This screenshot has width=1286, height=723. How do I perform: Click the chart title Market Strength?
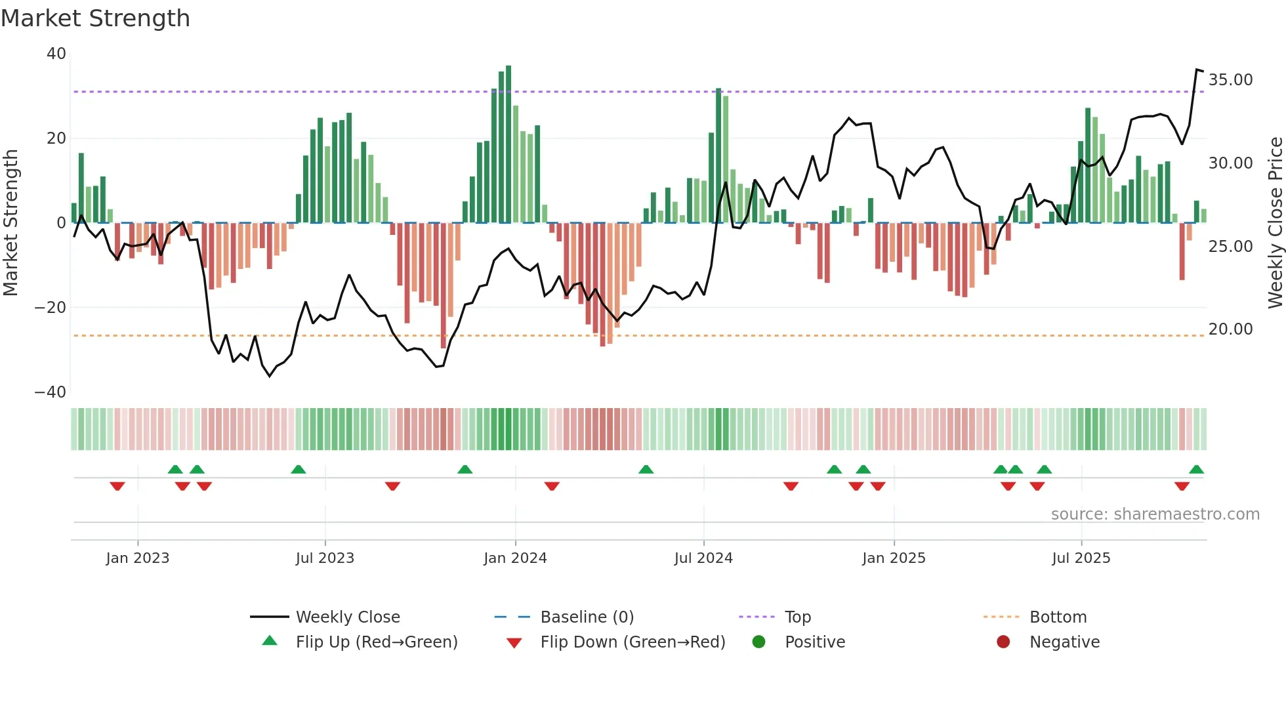point(95,18)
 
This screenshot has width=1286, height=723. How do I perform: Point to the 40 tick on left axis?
point(56,54)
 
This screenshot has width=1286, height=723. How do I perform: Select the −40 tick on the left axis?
point(51,392)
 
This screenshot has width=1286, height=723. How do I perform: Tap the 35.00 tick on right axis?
point(1230,80)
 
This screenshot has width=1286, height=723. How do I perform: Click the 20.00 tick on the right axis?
point(1230,329)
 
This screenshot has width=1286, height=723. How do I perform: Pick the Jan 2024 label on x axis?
point(515,558)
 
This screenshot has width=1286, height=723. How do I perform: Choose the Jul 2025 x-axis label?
point(1081,558)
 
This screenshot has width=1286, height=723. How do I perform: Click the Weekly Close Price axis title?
point(1275,223)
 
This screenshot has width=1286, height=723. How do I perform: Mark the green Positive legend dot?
point(759,642)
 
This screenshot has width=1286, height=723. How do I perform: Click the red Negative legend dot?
point(1003,642)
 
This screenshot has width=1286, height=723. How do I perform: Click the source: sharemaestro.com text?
point(1155,514)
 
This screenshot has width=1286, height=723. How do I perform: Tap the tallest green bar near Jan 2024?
point(508,144)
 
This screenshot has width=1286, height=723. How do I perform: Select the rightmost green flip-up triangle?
point(1196,470)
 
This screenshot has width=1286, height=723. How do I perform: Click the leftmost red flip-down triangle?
point(117,485)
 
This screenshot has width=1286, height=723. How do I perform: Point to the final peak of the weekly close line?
point(1197,70)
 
